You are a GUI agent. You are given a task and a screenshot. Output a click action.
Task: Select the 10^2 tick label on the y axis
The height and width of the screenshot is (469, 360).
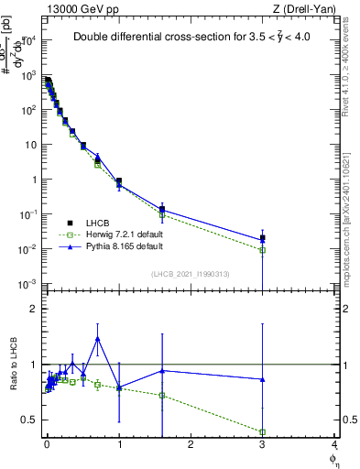(29, 110)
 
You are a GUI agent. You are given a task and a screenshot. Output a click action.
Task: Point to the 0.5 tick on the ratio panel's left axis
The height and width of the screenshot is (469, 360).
(30, 420)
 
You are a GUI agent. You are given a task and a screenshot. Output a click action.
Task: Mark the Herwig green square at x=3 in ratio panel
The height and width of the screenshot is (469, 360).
(263, 431)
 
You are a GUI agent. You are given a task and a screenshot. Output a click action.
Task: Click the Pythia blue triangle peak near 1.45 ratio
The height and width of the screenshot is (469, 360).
(98, 339)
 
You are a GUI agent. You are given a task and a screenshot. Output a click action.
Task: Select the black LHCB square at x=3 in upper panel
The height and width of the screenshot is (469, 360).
(263, 238)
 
